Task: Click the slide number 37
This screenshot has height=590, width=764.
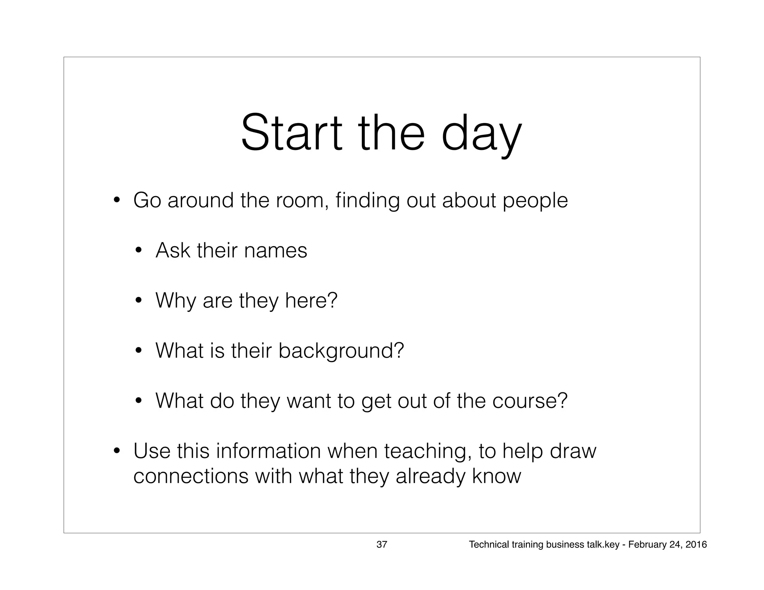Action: click(x=382, y=545)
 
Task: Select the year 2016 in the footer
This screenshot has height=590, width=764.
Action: click(x=696, y=545)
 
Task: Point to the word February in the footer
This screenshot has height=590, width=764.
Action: click(x=645, y=545)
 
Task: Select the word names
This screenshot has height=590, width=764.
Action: click(x=275, y=250)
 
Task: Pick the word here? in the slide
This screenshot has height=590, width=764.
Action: click(x=311, y=300)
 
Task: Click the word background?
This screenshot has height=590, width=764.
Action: click(x=341, y=351)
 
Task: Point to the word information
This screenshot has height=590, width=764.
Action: click(x=268, y=451)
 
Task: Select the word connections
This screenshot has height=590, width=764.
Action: click(x=191, y=476)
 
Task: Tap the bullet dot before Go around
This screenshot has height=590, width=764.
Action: click(x=117, y=201)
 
